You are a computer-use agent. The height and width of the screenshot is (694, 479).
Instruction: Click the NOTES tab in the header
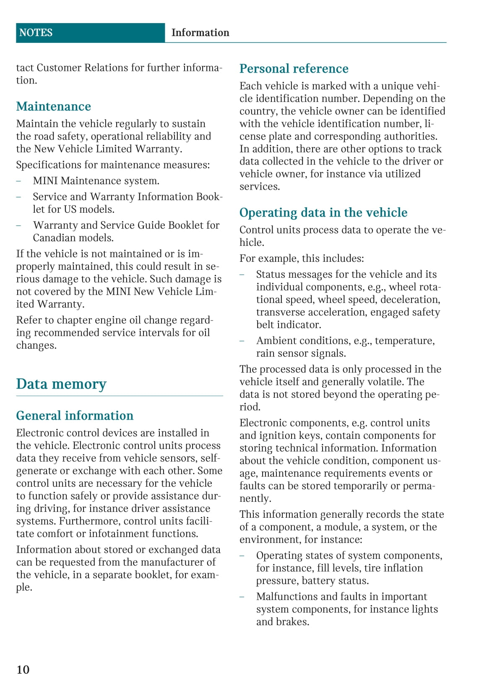(x=36, y=33)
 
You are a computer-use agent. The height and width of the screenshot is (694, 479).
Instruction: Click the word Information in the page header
(x=200, y=33)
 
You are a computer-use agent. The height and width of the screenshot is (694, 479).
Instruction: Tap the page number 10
(x=23, y=669)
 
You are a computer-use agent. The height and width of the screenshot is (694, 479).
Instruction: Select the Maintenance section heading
(x=53, y=107)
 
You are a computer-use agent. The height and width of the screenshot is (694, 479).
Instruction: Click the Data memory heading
(x=61, y=384)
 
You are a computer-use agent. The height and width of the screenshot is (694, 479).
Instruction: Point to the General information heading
(x=75, y=415)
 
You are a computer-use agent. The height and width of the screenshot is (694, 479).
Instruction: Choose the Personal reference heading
(x=294, y=69)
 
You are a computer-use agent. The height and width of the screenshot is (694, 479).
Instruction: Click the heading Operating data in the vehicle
(x=323, y=213)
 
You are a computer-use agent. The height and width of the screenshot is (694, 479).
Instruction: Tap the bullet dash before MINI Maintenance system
(x=18, y=181)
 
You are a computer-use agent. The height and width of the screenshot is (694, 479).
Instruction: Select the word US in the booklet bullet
(x=70, y=209)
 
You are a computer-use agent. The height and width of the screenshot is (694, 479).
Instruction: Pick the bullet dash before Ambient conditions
(x=242, y=341)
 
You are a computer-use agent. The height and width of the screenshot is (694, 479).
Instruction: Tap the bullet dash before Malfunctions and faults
(x=242, y=597)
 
